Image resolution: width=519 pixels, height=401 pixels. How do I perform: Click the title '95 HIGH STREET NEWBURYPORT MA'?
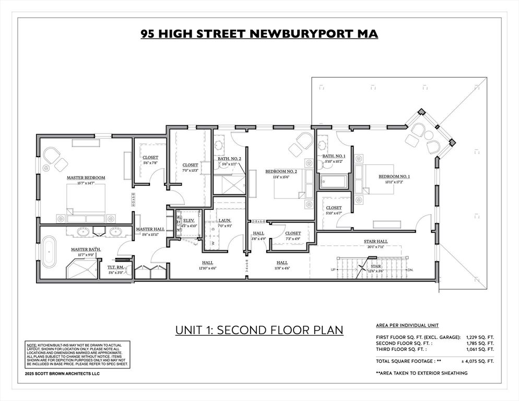(x=259, y=34)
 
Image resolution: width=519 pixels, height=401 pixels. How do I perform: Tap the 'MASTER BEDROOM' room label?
(x=86, y=178)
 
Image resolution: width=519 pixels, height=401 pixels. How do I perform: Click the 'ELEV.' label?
(x=188, y=221)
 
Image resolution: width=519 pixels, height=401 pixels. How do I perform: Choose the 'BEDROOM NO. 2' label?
(x=281, y=171)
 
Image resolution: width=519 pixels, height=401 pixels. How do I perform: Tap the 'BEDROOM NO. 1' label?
(x=394, y=176)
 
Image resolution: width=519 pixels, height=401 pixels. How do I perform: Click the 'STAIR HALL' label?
(x=375, y=241)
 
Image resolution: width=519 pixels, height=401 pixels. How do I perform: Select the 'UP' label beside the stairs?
(x=333, y=269)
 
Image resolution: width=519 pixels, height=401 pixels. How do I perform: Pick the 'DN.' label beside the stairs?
(x=410, y=269)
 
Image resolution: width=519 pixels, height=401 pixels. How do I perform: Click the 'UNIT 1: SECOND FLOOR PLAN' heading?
(x=259, y=330)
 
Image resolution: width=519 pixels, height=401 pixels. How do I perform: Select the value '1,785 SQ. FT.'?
(x=480, y=343)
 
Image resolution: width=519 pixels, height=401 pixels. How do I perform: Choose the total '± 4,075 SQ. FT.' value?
(x=476, y=361)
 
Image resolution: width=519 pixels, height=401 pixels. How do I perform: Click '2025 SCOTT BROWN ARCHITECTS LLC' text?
(x=62, y=374)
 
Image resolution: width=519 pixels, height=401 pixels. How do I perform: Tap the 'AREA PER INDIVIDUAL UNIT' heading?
(x=408, y=325)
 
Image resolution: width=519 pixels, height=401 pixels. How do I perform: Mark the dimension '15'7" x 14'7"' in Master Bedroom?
(x=86, y=183)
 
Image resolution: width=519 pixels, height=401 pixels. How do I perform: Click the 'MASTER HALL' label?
(x=150, y=229)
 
